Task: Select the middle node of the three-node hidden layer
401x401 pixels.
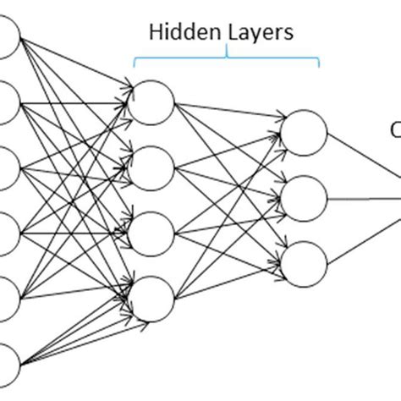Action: [304, 200]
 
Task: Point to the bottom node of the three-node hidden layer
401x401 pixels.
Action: [304, 265]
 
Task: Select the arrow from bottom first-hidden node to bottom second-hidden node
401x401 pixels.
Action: [228, 282]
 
